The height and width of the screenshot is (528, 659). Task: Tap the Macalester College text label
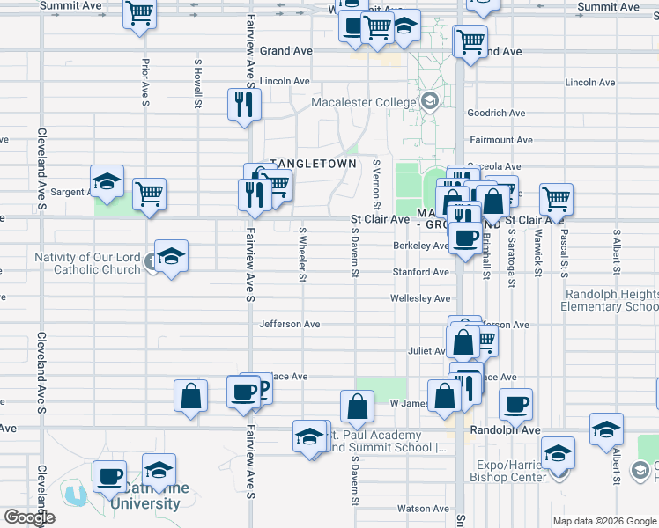[x=364, y=103]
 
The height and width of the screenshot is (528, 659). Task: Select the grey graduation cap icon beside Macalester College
[x=429, y=101]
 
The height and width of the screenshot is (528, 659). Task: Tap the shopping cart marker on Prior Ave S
[x=149, y=195]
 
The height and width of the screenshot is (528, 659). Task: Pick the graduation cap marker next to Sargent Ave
[x=107, y=182]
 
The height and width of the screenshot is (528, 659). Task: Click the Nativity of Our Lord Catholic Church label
[x=87, y=263]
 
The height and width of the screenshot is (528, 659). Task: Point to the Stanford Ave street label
[x=421, y=273]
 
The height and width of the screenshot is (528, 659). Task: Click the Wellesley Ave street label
[x=421, y=299]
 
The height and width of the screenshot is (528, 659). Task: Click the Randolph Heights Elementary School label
[x=609, y=300]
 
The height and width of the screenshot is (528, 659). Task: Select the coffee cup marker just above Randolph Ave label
[x=516, y=405]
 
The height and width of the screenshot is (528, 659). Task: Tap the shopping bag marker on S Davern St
[x=357, y=407]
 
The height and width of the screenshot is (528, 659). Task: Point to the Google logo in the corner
[x=29, y=518]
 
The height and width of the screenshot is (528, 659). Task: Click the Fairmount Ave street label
[x=500, y=140]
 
